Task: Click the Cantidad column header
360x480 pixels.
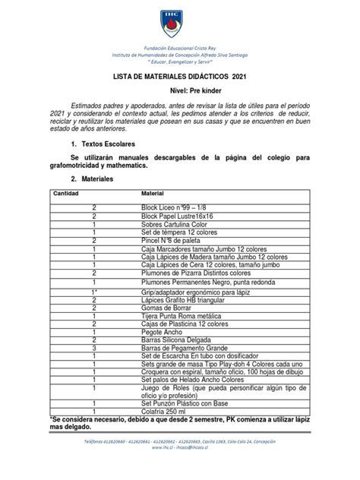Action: click(66, 195)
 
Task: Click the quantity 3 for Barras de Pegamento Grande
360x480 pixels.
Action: click(94, 358)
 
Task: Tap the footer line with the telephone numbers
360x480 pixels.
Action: click(179, 462)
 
